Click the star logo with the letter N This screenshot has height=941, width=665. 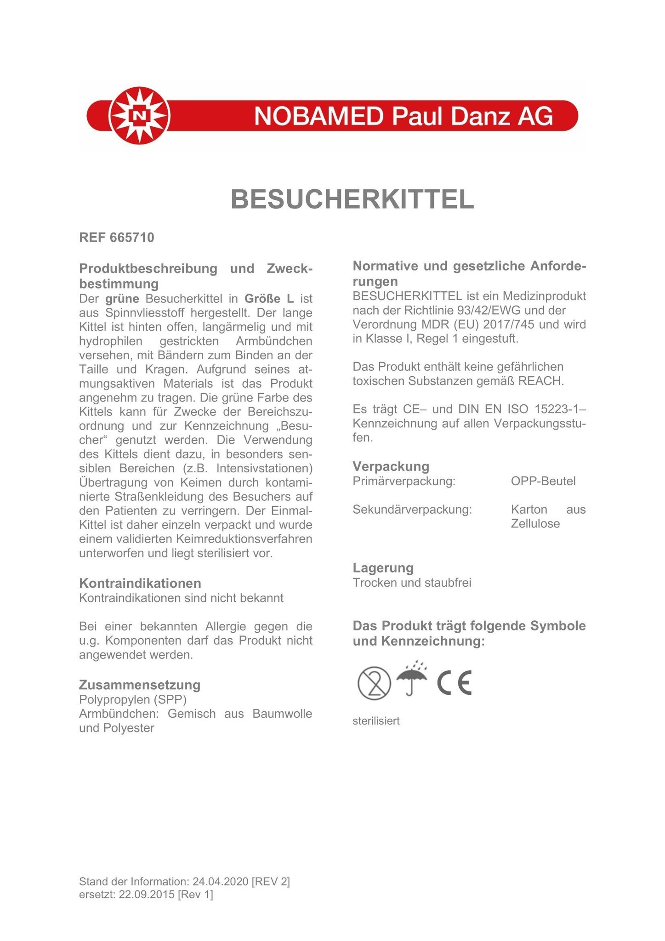pos(139,115)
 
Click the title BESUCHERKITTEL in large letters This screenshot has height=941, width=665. pos(352,199)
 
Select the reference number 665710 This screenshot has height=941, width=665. pos(132,238)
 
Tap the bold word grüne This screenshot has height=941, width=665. pos(122,299)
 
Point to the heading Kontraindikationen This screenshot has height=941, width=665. pos(140,583)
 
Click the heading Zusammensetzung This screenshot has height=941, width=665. pos(140,685)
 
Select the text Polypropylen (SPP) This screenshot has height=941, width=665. pos(133,699)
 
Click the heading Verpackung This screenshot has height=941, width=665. pos(391,466)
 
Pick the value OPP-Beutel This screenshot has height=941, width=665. pos(543,481)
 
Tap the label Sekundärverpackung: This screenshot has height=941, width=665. pos(412,510)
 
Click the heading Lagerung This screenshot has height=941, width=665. pos(383,568)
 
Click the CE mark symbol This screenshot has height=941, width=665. pos(454,683)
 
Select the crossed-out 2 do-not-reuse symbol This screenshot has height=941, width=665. pos(374,684)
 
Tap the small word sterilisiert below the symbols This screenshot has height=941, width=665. pos(376,721)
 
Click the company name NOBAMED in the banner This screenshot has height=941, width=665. pos(318,116)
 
